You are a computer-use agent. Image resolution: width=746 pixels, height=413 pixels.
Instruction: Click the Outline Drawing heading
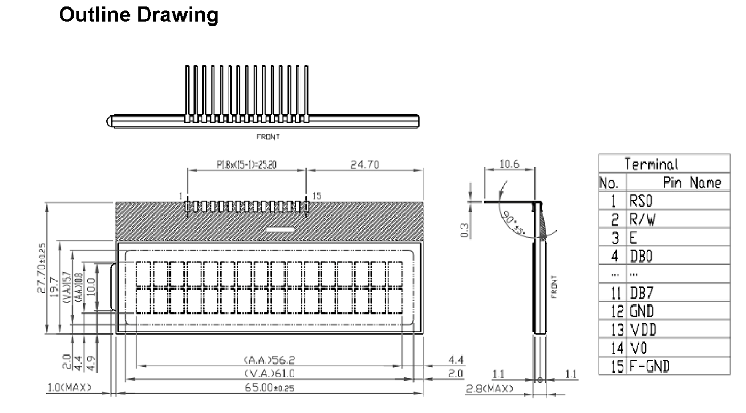(139, 15)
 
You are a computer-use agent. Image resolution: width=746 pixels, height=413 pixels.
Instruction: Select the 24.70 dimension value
(364, 165)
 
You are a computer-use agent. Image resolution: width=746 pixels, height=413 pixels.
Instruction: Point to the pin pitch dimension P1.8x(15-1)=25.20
(247, 165)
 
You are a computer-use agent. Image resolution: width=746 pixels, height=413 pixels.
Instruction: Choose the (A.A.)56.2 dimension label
(269, 360)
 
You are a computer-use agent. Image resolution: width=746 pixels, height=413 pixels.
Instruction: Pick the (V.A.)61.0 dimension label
(269, 374)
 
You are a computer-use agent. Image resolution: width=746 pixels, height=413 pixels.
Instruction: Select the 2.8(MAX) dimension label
(490, 389)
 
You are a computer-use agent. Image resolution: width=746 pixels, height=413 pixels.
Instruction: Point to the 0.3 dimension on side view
(465, 229)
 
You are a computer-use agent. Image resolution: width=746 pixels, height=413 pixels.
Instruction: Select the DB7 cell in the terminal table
(643, 293)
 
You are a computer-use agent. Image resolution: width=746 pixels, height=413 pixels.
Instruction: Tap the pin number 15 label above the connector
(317, 196)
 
